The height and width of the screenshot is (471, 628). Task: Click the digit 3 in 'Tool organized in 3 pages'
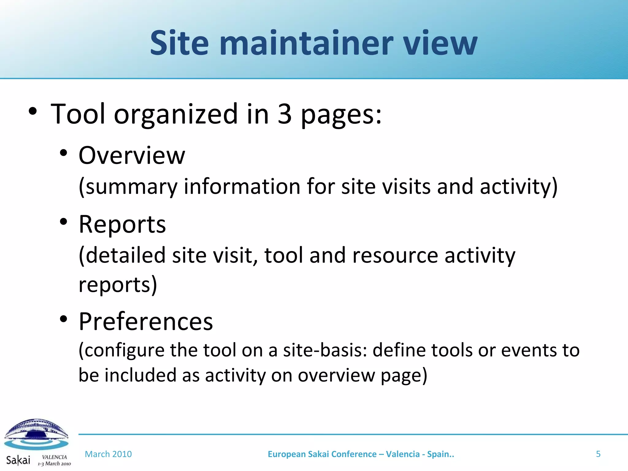(x=284, y=114)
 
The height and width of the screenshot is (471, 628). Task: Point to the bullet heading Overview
(x=132, y=155)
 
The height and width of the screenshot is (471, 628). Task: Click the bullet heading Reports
(x=122, y=224)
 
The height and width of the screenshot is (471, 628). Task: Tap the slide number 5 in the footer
(x=598, y=454)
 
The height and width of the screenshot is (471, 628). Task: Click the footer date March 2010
(x=108, y=454)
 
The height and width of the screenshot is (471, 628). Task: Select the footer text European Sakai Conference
(x=322, y=454)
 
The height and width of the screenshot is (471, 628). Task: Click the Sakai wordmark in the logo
(x=18, y=460)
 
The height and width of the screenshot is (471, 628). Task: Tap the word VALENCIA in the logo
(x=54, y=457)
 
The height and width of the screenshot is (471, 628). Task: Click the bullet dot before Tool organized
(x=33, y=111)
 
